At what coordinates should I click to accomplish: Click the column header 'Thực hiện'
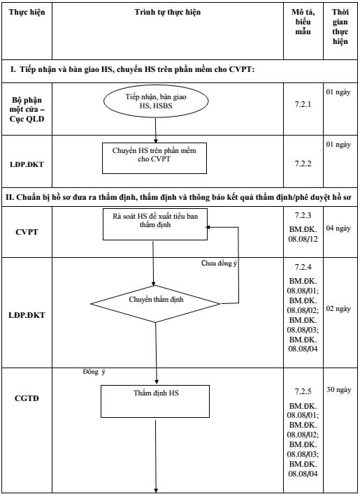(27, 13)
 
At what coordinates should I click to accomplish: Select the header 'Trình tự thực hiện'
(167, 13)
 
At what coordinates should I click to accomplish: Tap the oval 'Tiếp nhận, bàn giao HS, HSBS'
(156, 101)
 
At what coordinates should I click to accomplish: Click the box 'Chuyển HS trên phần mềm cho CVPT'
(154, 158)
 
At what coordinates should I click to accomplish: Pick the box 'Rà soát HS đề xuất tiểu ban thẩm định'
(155, 224)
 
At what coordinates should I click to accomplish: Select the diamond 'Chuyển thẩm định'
(155, 304)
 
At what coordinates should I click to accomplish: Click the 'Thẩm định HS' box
(155, 401)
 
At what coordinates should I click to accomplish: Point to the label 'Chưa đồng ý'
(219, 263)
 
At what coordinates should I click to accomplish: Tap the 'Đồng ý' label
(94, 372)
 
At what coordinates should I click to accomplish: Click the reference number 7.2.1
(303, 104)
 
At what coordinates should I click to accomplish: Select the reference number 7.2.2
(303, 164)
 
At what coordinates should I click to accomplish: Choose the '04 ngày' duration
(338, 228)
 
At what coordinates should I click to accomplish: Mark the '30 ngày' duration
(338, 390)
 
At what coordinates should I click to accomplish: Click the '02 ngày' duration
(338, 309)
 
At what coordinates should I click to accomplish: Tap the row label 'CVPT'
(27, 232)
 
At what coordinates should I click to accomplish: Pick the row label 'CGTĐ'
(27, 398)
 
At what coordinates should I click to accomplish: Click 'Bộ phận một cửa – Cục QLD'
(27, 110)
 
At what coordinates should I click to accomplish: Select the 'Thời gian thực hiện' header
(340, 27)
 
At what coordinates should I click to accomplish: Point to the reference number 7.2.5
(303, 391)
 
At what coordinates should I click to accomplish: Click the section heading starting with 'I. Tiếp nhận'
(132, 70)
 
